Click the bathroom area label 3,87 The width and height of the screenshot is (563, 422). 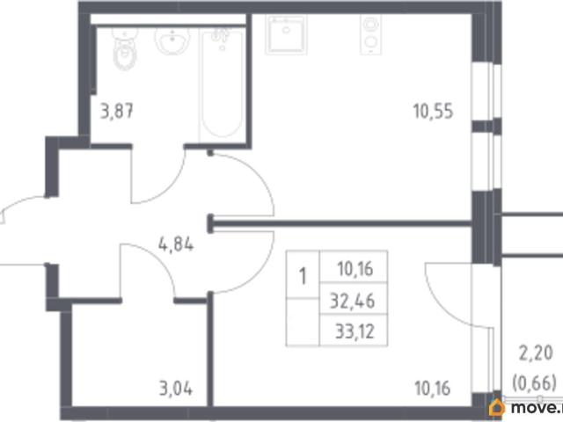117,111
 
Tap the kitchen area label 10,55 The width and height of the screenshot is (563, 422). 433,111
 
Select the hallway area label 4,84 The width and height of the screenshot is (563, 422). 176,245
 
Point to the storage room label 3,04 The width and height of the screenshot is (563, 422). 176,389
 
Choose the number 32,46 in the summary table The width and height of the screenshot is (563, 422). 353,301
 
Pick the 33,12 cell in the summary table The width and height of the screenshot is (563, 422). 355,331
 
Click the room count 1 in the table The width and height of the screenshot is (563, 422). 303,277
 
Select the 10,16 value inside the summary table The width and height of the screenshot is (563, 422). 355,269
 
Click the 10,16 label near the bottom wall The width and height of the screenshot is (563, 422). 432,389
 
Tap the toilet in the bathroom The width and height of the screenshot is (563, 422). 125,48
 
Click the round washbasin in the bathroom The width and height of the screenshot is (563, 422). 172,40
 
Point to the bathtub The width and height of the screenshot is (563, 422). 222,84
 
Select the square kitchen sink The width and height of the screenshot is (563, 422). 286,34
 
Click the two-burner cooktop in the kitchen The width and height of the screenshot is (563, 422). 370,34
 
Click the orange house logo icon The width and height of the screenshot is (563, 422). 496,408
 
